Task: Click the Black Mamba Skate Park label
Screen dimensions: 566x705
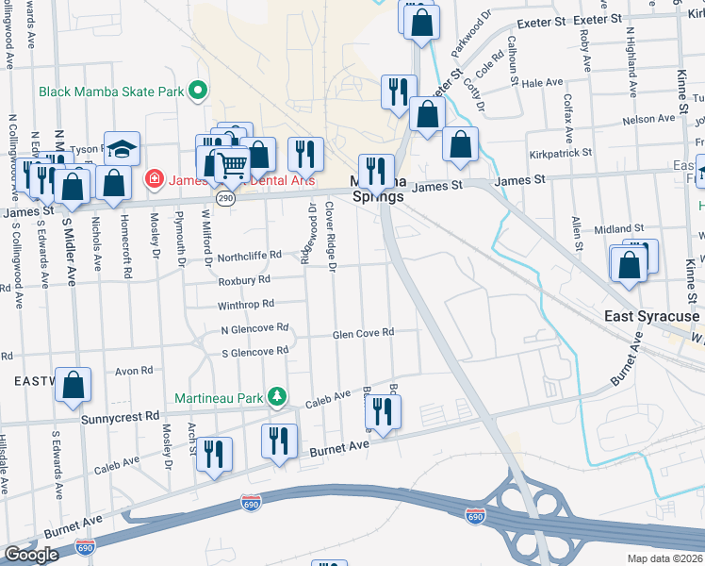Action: click(111, 92)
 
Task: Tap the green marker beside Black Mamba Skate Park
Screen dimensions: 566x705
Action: click(198, 92)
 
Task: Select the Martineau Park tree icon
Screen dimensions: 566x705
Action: click(277, 397)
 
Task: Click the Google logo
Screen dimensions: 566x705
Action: click(31, 555)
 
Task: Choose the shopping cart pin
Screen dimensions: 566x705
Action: click(232, 164)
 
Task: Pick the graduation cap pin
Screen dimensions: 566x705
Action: click(122, 149)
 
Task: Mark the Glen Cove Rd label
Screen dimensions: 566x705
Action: click(363, 333)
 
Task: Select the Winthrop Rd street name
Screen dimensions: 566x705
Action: click(245, 305)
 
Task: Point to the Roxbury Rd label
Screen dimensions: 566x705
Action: click(244, 280)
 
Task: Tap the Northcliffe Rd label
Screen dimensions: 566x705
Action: click(250, 255)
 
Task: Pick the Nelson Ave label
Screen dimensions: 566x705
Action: click(649, 119)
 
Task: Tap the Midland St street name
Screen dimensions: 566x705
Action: click(618, 229)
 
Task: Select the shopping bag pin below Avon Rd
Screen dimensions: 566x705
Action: click(73, 386)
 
